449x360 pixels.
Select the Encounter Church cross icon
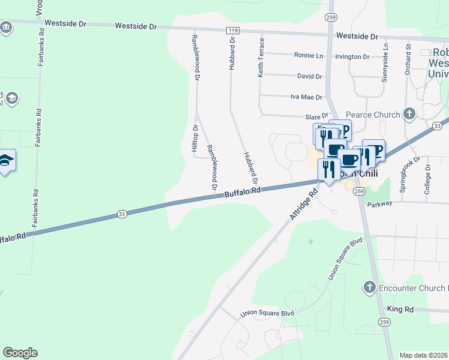pos(370,287)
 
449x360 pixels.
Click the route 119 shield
pos(233,29)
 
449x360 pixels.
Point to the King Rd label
pos(400,309)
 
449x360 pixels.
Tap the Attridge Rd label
pos(304,205)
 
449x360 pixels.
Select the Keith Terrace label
pos(261,58)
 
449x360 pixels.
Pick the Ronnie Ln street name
pos(309,55)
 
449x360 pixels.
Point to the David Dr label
pos(310,76)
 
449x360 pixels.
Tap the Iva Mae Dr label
pos(306,97)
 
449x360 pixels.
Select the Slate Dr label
pos(318,116)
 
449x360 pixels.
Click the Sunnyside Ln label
pos(386,62)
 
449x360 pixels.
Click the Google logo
pos(20,353)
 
